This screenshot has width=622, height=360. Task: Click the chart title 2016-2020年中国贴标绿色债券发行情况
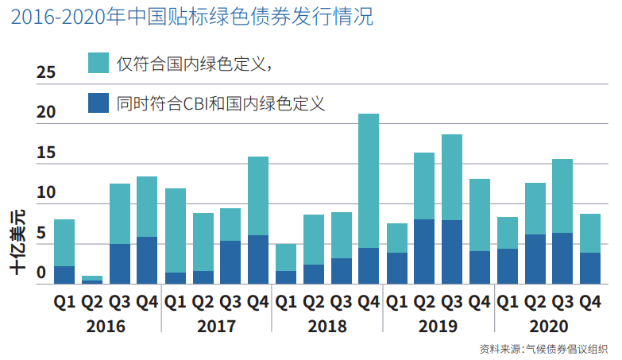191,17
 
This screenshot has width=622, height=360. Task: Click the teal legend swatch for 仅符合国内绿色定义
99,64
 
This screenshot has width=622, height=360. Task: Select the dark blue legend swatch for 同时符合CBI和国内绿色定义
99,103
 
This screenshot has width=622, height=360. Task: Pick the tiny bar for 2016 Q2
92,279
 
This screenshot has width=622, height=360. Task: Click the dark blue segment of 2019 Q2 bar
424,251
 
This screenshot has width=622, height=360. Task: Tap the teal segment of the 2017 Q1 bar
175,230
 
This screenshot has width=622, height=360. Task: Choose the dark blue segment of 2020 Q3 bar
562,258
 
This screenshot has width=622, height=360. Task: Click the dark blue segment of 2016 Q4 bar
147,260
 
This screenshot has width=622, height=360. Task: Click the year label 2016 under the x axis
106,326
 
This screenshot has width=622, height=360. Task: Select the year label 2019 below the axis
438,326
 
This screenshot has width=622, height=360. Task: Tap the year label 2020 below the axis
548,326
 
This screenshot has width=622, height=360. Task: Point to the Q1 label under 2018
286,302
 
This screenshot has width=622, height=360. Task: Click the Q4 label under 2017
257,302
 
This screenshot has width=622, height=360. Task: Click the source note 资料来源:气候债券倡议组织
543,349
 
